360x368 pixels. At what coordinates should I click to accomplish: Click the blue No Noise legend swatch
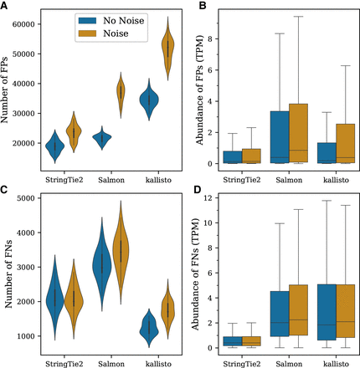click(x=87, y=18)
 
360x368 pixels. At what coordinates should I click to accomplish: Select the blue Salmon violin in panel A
click(x=104, y=140)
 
